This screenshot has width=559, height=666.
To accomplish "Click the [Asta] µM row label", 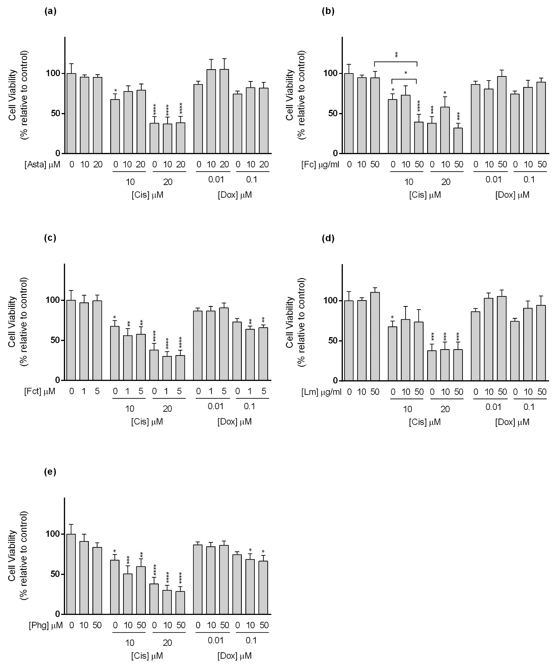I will pos(42,164).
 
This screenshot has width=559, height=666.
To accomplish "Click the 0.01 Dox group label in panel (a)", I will pos(216,180).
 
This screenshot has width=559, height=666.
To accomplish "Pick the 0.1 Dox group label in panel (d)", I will pos(529,407).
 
